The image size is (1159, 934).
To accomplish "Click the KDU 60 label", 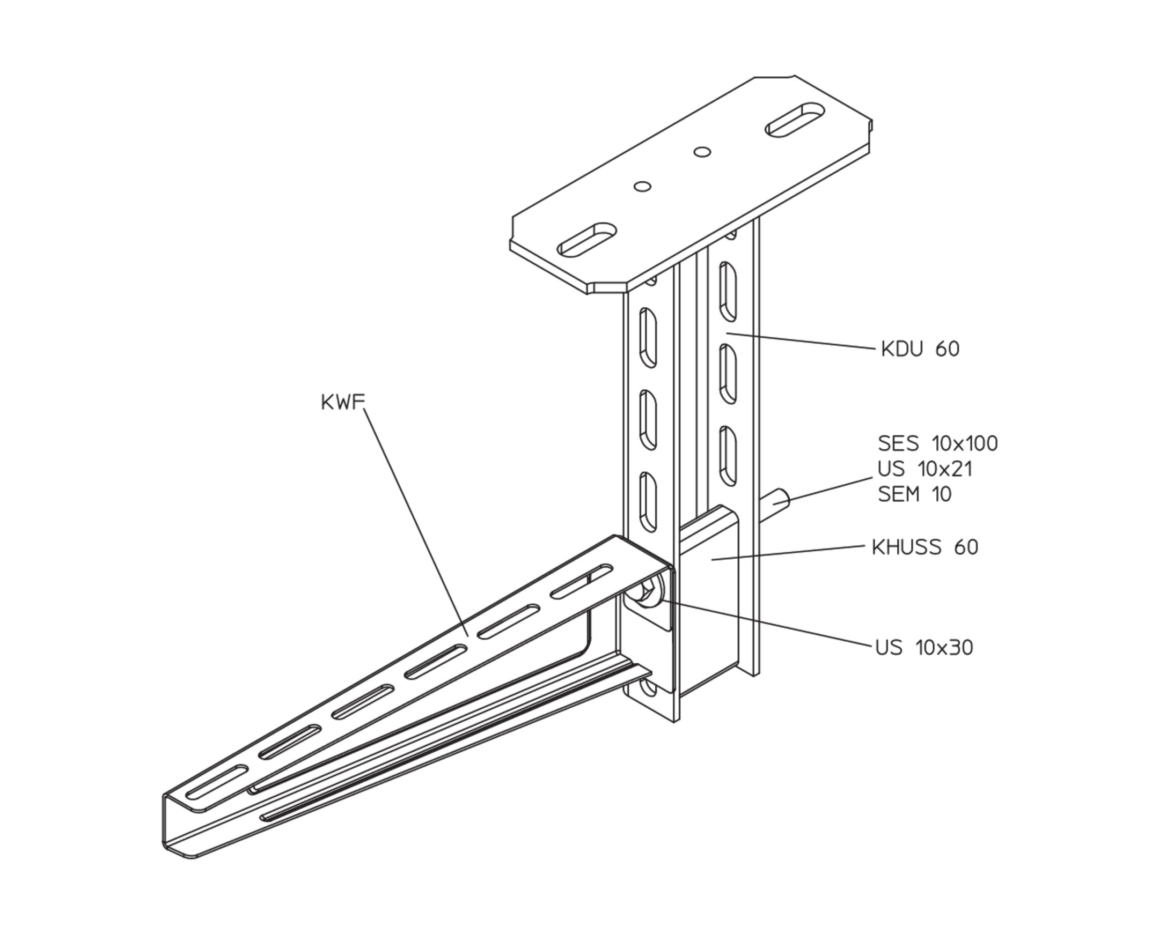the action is point(920,349).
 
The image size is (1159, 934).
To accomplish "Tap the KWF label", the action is point(342,402).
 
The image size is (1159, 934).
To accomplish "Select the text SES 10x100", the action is point(938,443).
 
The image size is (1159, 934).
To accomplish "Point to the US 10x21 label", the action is point(925,469).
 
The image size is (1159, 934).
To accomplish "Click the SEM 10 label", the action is point(915,494).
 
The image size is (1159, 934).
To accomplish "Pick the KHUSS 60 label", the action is point(925,547).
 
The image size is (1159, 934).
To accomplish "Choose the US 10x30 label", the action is point(925,648).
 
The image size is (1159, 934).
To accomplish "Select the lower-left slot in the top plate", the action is point(587,240).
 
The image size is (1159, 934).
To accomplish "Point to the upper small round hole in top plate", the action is point(702,152).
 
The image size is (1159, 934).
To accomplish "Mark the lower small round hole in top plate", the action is point(642,187).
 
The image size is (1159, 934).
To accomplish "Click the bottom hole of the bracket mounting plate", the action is point(649,690).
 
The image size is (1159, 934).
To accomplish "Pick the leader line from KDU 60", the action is point(801,341).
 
